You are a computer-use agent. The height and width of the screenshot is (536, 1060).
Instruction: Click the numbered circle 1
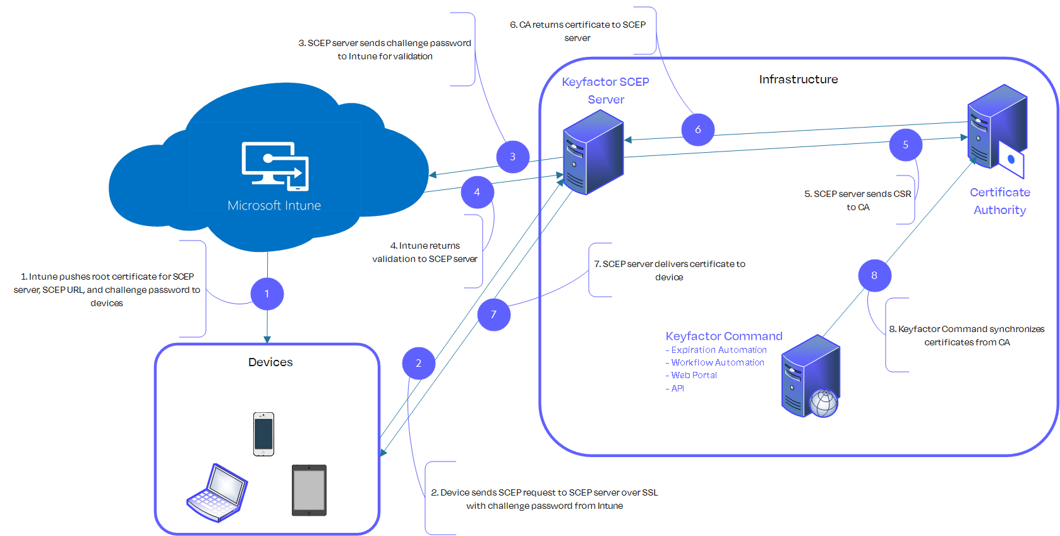267,294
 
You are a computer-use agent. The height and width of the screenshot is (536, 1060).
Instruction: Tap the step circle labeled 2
418,364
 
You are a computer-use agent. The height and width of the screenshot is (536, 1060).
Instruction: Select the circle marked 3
512,157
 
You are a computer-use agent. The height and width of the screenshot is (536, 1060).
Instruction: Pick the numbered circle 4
477,193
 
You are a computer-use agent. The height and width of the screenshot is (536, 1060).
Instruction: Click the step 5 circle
905,145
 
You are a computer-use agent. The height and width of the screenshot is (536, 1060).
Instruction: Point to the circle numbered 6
698,130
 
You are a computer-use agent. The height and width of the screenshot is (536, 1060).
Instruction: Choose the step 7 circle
493,314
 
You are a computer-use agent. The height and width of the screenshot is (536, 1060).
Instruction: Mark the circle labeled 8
874,275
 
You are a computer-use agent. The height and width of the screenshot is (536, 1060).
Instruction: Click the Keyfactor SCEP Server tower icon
593,153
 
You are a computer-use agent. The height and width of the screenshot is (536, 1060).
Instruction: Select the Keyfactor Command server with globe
810,377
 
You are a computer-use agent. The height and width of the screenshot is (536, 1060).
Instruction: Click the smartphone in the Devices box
263,434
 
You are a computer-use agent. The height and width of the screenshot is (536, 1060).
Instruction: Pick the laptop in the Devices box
217,493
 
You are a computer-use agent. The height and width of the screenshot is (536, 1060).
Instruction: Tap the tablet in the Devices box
309,491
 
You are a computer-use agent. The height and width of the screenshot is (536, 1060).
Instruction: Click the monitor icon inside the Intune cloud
275,166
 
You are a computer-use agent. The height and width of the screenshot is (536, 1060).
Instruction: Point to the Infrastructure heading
798,80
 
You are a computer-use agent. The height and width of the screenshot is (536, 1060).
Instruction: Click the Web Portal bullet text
694,375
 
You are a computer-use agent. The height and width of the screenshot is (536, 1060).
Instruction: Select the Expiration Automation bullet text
718,350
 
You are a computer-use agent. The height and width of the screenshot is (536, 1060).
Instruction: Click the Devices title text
270,362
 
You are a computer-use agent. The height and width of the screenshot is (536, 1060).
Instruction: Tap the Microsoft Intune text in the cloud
274,206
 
